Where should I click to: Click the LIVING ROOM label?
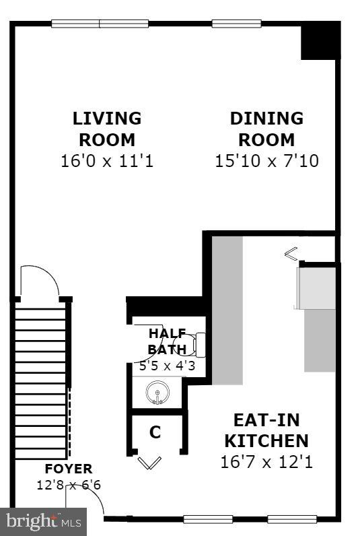[107, 129]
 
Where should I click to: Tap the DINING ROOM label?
[266, 129]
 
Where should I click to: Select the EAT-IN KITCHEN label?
[266, 430]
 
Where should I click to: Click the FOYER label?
[68, 469]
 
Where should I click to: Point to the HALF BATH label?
[167, 341]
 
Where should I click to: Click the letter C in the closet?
[155, 432]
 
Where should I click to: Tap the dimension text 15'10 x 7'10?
[266, 162]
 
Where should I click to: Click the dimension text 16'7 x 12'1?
[266, 463]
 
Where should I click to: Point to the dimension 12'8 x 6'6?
[68, 484]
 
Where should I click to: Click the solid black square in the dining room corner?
[319, 41]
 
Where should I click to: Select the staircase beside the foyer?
[40, 377]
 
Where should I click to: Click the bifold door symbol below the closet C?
[149, 462]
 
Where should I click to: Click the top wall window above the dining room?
[236, 24]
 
